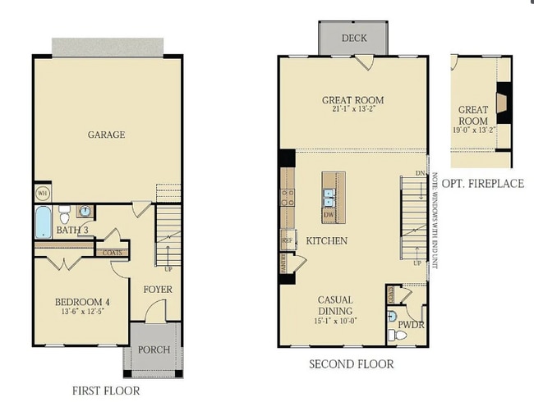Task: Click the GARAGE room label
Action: [107, 135]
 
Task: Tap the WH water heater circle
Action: [41, 194]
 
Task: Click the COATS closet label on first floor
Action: [113, 253]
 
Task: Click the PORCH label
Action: [154, 349]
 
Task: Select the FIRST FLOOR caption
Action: [106, 391]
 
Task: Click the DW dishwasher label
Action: [328, 215]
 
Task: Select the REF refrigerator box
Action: [288, 240]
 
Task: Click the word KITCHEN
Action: [326, 240]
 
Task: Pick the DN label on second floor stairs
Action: [420, 174]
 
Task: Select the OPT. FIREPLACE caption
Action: [482, 183]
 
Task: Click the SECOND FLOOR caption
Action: [351, 363]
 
